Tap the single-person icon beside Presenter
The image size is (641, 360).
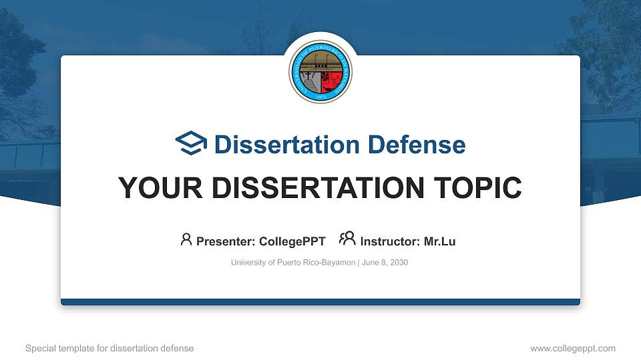(186, 239)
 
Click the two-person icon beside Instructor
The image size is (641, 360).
(347, 239)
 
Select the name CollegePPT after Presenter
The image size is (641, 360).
(292, 241)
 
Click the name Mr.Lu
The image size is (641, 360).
(439, 241)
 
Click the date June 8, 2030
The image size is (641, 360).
(385, 263)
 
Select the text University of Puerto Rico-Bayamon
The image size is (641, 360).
(292, 263)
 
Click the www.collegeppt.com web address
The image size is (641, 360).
(572, 348)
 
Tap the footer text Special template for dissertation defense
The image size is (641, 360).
(110, 348)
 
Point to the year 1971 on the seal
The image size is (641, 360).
(320, 97)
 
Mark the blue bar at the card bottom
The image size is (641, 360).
(320, 302)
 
